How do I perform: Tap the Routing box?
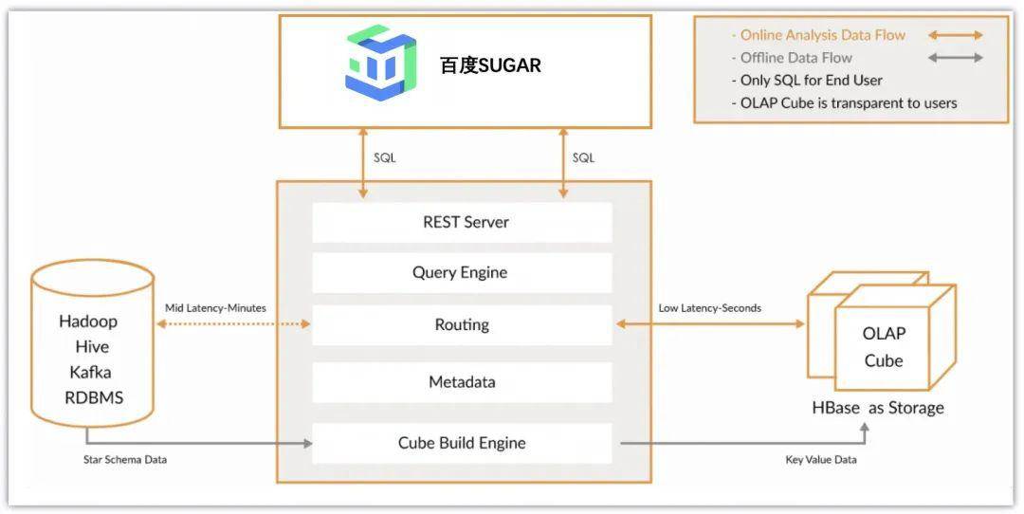point(463,324)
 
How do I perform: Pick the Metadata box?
point(463,382)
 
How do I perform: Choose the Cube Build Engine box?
point(463,443)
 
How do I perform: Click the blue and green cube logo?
point(380,63)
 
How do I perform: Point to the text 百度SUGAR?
point(490,65)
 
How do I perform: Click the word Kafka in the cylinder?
point(91,373)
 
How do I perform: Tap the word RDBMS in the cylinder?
point(92,397)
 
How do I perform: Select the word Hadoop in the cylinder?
point(88,321)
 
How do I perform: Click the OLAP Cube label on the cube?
point(884,347)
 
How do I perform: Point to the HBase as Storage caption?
point(878,408)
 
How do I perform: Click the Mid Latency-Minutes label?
point(215,307)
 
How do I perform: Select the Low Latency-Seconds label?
point(709,307)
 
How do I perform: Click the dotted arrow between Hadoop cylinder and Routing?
point(233,324)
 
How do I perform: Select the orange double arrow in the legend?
point(955,36)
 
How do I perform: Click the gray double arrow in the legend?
point(955,58)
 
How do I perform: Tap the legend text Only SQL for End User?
point(812,81)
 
